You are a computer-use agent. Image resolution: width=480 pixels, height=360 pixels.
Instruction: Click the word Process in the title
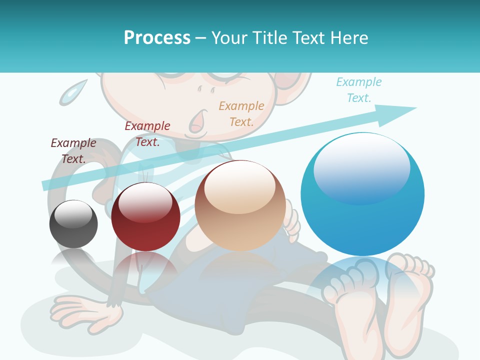coord(157,38)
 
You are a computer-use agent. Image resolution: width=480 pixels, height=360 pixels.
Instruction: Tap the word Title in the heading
coord(270,38)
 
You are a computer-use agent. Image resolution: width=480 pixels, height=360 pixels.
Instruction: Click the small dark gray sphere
coord(73,225)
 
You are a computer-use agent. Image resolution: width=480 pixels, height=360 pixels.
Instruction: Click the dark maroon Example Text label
coord(73,150)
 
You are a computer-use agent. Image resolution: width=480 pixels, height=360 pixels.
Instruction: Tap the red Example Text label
coord(147,134)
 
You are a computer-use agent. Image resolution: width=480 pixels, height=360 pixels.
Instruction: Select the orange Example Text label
coord(241,113)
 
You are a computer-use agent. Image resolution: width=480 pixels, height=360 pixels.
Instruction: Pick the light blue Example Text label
coord(358,90)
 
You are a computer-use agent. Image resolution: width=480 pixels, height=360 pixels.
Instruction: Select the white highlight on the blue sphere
coord(361,167)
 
